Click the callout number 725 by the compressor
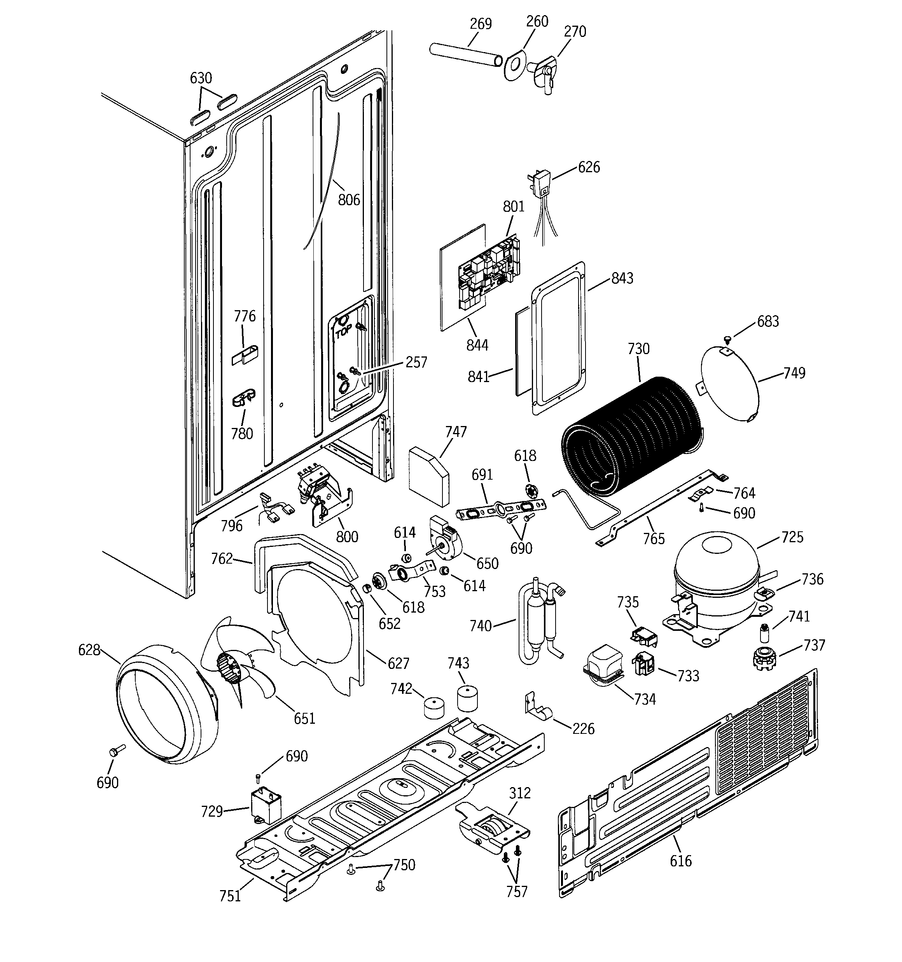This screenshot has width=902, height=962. (x=792, y=537)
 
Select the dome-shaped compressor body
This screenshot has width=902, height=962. (x=717, y=576)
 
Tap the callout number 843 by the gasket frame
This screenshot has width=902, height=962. (x=622, y=278)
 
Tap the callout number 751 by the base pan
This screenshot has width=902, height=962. (x=230, y=896)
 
